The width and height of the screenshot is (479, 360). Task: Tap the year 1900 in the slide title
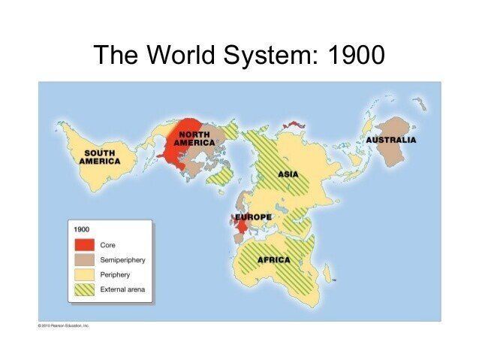pos(357,55)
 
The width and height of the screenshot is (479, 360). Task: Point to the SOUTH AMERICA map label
pos(100,157)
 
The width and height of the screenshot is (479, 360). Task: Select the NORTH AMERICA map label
pos(194,138)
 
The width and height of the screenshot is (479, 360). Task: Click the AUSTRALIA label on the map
pos(390,140)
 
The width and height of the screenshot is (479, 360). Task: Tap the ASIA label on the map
pos(288,174)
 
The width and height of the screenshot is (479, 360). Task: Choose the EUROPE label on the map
pos(253,217)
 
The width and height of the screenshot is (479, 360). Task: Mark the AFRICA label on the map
pos(273,260)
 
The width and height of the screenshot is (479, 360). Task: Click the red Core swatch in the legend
pos(84,245)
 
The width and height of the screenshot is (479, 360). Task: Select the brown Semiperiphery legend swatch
pos(84,260)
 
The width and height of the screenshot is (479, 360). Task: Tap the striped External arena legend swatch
pos(84,289)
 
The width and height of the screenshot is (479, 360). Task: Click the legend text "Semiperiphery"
pos(122,260)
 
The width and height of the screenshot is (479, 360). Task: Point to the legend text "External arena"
pos(122,289)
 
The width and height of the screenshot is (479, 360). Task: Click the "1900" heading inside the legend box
pos(81,228)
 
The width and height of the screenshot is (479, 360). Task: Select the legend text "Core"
pos(107,245)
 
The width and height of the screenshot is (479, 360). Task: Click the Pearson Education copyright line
pos(64,325)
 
